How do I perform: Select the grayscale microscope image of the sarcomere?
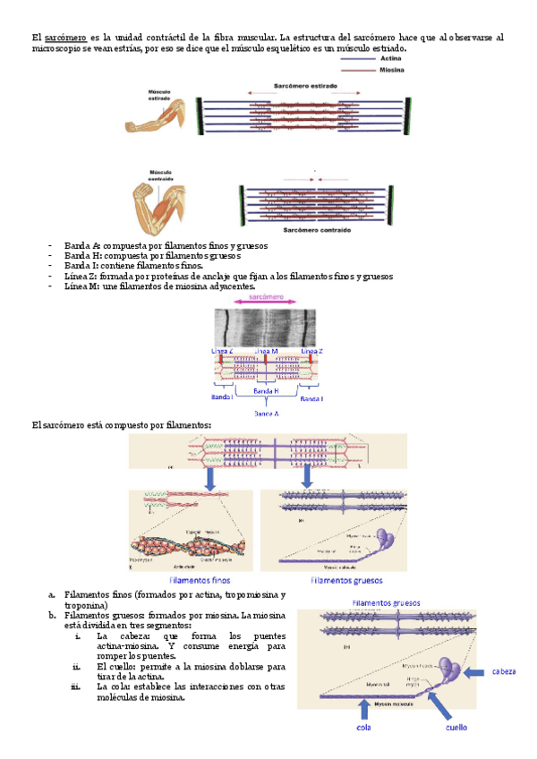[265, 327]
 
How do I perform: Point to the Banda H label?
[266, 391]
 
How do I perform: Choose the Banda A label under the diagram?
[266, 414]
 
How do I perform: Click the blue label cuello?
[457, 728]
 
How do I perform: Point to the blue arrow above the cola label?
[362, 711]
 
